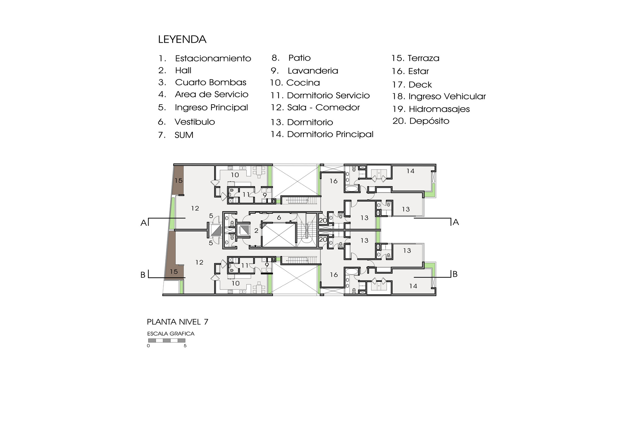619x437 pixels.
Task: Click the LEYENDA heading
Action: click(x=182, y=39)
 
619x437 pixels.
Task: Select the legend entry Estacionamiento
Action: click(x=213, y=58)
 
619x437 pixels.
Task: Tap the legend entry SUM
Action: click(x=184, y=135)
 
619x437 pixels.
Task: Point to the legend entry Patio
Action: click(x=299, y=58)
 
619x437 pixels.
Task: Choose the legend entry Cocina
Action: click(x=303, y=83)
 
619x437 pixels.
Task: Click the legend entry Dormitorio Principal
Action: click(x=330, y=134)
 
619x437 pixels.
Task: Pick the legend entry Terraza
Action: click(x=423, y=58)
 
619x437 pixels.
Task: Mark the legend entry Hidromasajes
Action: click(x=439, y=109)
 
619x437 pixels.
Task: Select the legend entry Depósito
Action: click(x=429, y=121)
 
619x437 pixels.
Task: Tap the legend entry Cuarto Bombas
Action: click(x=210, y=82)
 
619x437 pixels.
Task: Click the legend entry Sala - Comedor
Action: click(x=323, y=107)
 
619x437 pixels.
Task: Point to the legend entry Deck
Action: click(x=420, y=84)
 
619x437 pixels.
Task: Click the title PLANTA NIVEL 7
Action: click(x=177, y=322)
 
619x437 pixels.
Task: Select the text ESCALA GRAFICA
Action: click(x=171, y=334)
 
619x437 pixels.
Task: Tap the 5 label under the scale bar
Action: click(x=185, y=346)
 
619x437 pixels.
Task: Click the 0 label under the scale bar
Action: click(x=148, y=346)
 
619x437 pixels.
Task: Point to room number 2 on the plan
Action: click(x=256, y=230)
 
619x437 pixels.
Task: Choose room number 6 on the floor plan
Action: click(x=279, y=218)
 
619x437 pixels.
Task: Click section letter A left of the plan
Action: click(x=143, y=223)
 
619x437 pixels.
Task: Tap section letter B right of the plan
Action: click(x=455, y=274)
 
